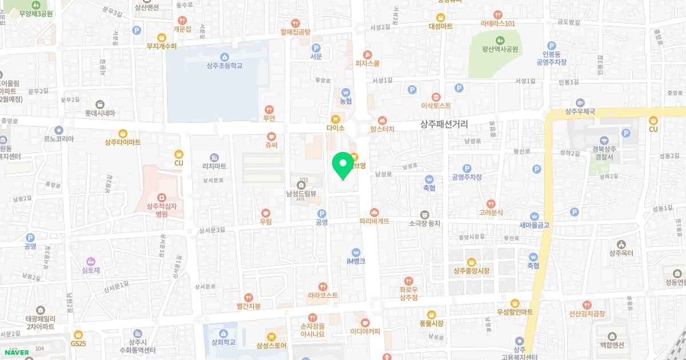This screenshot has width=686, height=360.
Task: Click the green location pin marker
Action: tap(343, 165)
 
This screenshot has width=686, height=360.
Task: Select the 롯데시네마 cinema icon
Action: tap(100, 104)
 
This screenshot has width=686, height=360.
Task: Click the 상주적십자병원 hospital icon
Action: tap(162, 197)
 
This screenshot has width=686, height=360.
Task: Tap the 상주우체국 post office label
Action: tap(580, 112)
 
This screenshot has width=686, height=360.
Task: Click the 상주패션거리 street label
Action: tap(444, 123)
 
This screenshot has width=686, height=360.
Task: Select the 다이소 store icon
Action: tap(336, 119)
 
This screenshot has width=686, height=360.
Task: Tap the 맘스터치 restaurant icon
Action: tap(382, 120)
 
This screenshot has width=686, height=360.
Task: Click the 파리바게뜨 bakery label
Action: tap(374, 221)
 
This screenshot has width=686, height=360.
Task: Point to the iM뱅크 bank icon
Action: tap(356, 251)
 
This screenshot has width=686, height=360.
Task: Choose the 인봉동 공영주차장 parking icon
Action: tap(551, 46)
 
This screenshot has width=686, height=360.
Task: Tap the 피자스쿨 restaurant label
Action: tap(367, 63)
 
